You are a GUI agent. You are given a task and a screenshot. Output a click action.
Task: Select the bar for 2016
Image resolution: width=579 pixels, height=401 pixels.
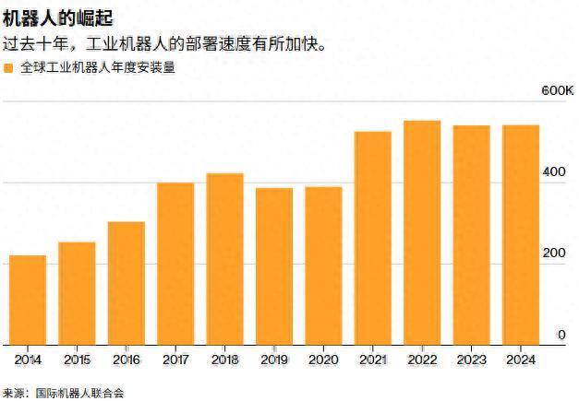(127, 283)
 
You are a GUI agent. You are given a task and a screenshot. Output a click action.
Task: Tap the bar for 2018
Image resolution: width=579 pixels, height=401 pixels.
(225, 258)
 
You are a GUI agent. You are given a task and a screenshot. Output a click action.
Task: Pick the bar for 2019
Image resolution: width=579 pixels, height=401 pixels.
(274, 265)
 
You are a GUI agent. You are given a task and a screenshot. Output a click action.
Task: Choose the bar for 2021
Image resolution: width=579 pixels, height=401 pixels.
(373, 238)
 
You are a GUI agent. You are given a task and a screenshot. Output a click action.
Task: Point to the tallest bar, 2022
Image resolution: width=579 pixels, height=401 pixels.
(422, 232)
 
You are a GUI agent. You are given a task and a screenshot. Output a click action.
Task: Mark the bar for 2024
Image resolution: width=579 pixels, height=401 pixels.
(521, 234)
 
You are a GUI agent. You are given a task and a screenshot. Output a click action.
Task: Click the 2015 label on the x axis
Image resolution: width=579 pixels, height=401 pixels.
(77, 359)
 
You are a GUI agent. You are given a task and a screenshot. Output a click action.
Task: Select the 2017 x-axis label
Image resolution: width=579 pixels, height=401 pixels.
(175, 359)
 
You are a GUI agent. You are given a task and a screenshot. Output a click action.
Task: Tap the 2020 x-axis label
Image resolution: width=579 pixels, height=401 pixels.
(323, 359)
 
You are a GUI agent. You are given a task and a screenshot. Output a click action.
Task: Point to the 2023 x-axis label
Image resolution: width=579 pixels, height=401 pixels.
(471, 359)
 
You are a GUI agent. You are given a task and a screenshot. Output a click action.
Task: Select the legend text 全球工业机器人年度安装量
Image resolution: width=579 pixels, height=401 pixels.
(97, 68)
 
